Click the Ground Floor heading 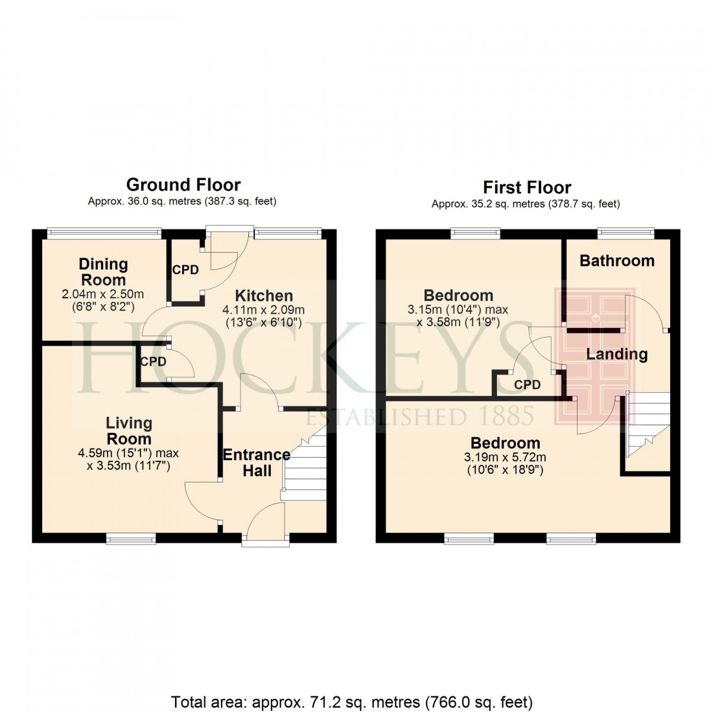[183, 185]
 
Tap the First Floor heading [526, 187]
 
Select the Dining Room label [103, 272]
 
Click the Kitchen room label [264, 296]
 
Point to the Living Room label [129, 431]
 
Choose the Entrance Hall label [257, 462]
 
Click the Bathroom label [616, 261]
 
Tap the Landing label [616, 354]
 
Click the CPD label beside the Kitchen [185, 270]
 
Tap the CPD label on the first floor [527, 385]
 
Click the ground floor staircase [304, 467]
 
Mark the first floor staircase [648, 431]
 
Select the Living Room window [131, 537]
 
